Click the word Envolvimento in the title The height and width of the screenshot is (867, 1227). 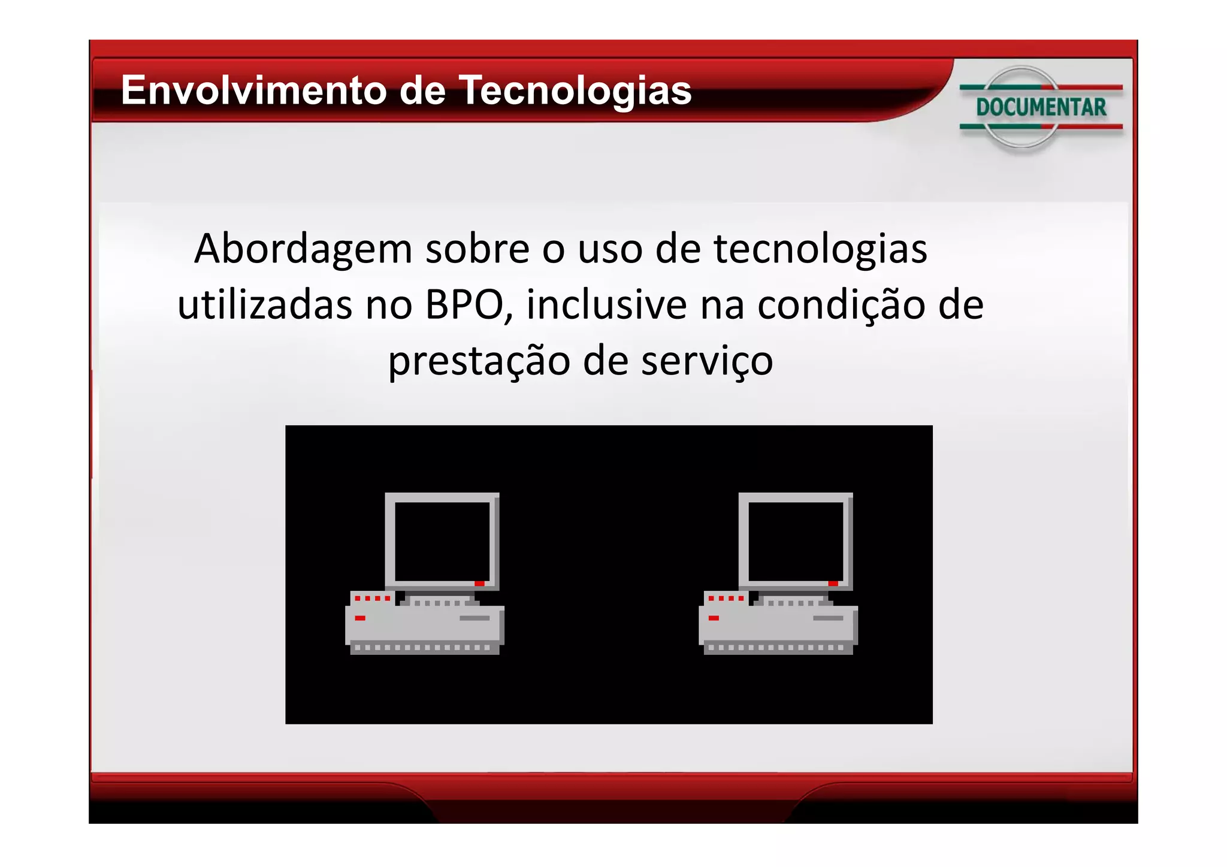click(x=254, y=90)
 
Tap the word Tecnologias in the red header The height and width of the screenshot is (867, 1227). click(x=575, y=90)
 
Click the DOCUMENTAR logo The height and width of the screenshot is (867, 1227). click(x=1041, y=107)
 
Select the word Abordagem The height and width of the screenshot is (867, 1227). click(x=303, y=249)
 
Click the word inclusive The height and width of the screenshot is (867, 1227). click(x=606, y=305)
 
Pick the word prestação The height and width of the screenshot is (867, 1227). click(x=479, y=361)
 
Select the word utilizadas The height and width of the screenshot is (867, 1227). click(x=265, y=305)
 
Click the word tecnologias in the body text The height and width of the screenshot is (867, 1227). click(x=820, y=249)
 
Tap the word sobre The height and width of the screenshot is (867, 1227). click(x=477, y=249)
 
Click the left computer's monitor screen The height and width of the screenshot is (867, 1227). click(x=442, y=541)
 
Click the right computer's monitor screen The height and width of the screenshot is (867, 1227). click(x=796, y=541)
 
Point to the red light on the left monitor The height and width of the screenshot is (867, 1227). click(x=479, y=584)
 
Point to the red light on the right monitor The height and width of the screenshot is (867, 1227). click(x=833, y=584)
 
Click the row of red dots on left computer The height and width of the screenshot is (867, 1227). click(x=372, y=598)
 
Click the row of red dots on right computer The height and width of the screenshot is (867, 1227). click(x=726, y=598)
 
